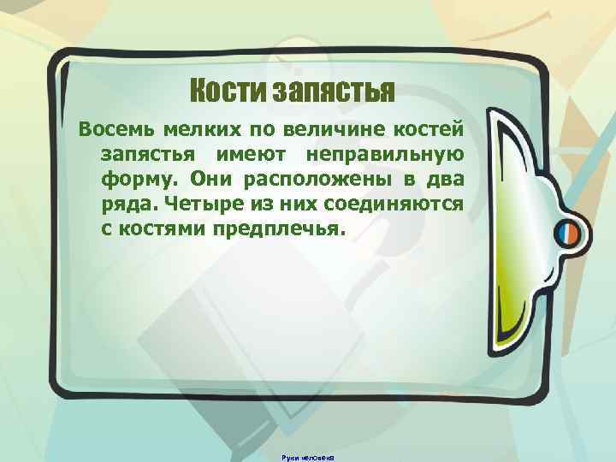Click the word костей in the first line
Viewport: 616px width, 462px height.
(429, 130)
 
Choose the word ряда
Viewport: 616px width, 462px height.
(124, 206)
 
